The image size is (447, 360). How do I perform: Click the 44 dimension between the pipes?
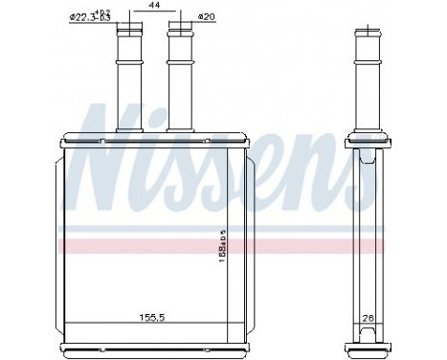tap(153, 7)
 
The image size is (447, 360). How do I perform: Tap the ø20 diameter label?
tap(204, 16)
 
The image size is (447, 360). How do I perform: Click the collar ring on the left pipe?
tap(128, 68)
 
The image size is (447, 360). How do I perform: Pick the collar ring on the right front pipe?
tap(180, 68)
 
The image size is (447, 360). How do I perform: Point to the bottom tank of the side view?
tap(368, 335)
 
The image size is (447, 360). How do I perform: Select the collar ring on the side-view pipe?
tap(368, 68)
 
